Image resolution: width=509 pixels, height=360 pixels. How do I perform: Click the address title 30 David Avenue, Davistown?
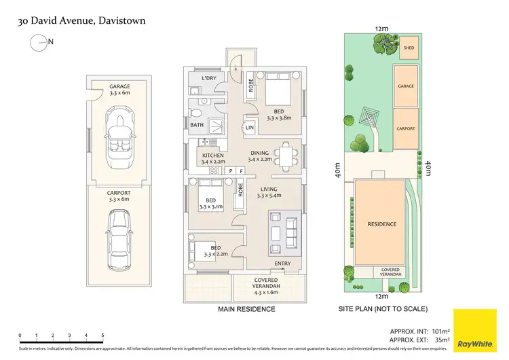81,21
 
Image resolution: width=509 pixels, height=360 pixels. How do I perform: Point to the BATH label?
197,125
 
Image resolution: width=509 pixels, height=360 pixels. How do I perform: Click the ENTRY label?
283,263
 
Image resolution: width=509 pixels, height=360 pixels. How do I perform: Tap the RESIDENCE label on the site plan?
381,224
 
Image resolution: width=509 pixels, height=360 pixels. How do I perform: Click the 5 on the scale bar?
102,336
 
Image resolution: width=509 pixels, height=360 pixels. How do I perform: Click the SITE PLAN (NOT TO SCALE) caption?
383,309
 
